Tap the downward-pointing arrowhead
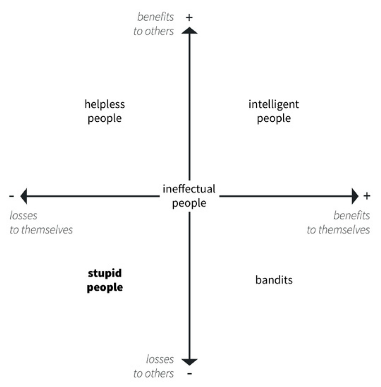pyautogui.click(x=190, y=362)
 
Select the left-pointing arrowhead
pyautogui.click(x=24, y=196)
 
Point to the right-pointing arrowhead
pyautogui.click(x=355, y=196)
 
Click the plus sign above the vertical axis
pyautogui.click(x=189, y=17)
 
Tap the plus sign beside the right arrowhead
pyautogui.click(x=367, y=196)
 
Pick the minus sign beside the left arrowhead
pyautogui.click(x=12, y=196)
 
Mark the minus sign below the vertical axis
pyautogui.click(x=190, y=374)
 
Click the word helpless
pyautogui.click(x=105, y=104)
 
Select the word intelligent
pyautogui.click(x=274, y=104)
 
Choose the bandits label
pyautogui.click(x=274, y=280)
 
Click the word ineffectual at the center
pyautogui.click(x=189, y=189)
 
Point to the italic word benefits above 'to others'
pyautogui.click(x=155, y=17)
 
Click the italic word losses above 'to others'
pyautogui.click(x=160, y=359)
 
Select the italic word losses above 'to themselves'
pyautogui.click(x=23, y=216)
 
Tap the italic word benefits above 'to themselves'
pyautogui.click(x=352, y=215)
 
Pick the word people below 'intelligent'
pyautogui.click(x=274, y=119)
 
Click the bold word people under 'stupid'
pyautogui.click(x=105, y=288)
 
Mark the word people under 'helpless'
pyautogui.click(x=105, y=119)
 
